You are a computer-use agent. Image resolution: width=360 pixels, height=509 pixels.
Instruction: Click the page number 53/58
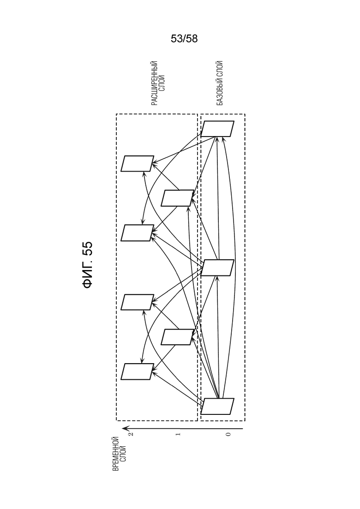click(x=184, y=39)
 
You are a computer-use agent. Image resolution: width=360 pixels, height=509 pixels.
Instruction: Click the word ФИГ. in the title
click(x=88, y=275)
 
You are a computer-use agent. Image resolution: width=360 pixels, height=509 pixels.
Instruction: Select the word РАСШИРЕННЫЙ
click(x=155, y=84)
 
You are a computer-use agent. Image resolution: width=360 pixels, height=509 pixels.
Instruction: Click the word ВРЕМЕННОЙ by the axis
click(x=115, y=454)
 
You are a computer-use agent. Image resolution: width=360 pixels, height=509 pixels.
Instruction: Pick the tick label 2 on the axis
click(x=131, y=434)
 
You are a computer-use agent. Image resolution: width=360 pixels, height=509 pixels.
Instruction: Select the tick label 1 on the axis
click(x=178, y=434)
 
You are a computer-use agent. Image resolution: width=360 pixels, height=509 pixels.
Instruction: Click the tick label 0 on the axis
click(x=228, y=434)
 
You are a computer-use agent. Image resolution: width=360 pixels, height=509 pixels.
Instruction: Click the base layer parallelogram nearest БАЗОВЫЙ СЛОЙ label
click(x=217, y=129)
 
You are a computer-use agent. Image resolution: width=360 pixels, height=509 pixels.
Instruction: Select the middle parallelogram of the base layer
click(x=217, y=268)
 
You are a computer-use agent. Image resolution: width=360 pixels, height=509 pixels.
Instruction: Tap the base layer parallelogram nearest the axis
click(x=217, y=407)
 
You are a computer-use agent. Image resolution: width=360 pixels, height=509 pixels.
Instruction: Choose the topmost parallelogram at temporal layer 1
click(x=177, y=198)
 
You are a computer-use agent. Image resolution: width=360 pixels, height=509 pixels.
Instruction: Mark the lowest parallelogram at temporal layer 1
click(x=177, y=337)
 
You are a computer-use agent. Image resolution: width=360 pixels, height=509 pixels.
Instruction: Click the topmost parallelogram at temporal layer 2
click(x=138, y=164)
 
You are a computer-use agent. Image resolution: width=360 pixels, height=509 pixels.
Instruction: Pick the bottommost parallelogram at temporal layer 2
click(x=138, y=371)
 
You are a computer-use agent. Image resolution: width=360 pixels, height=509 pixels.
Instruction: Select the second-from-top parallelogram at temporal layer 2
click(x=138, y=233)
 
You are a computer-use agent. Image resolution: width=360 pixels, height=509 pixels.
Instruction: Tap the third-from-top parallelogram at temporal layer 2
click(x=138, y=302)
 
